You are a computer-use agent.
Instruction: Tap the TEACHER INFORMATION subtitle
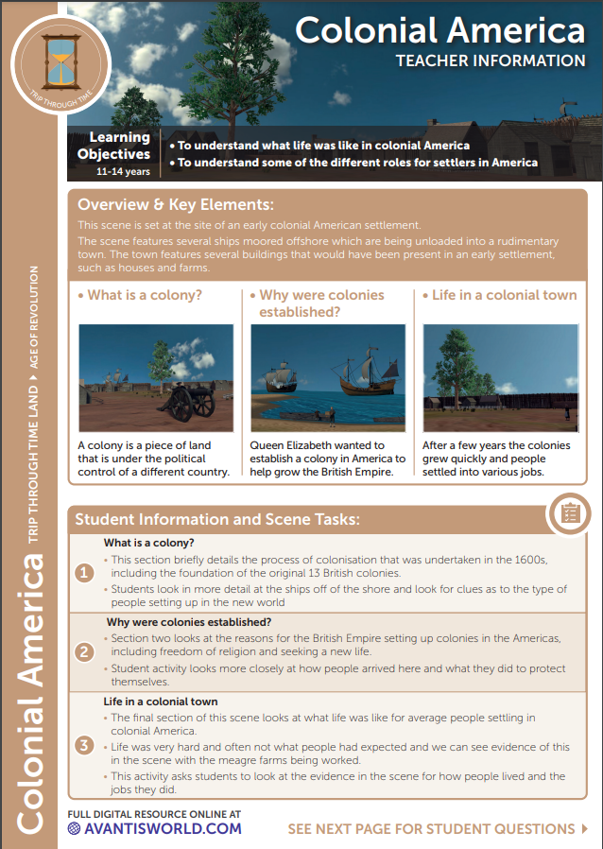click(x=490, y=61)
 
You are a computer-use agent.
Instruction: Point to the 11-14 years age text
click(x=123, y=172)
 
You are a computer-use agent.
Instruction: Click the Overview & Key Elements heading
click(x=176, y=204)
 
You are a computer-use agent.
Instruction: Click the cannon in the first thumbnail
click(x=189, y=405)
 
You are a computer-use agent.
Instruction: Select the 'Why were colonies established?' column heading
click(x=321, y=303)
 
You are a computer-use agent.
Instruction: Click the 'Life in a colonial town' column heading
click(x=503, y=295)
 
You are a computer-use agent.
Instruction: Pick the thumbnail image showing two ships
click(x=327, y=378)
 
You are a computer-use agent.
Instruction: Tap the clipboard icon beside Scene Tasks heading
click(x=570, y=512)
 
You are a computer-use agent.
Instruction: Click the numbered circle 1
click(x=84, y=573)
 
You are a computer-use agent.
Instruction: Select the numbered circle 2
click(x=84, y=651)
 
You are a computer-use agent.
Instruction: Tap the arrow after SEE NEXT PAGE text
click(x=584, y=829)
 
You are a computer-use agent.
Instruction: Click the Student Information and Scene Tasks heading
click(x=217, y=519)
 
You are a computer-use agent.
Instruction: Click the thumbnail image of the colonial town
click(x=500, y=378)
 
